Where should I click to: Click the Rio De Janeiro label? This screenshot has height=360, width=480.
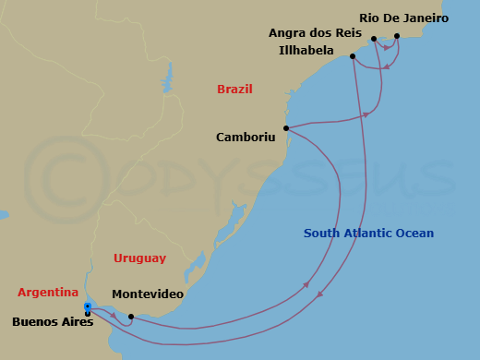tap(403, 18)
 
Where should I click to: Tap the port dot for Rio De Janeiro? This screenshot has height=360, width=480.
tap(397, 37)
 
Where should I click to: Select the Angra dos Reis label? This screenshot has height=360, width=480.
tap(315, 32)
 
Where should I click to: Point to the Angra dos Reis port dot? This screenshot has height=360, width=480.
tap(374, 39)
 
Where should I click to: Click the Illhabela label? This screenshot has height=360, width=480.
tap(306, 50)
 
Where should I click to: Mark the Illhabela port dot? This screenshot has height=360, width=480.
tap(353, 56)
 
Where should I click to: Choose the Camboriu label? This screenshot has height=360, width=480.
tap(246, 137)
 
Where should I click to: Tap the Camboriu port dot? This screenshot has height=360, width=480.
tap(286, 128)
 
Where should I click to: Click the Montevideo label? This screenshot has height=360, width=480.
tap(147, 294)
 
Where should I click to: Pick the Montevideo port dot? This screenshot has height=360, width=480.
tap(131, 317)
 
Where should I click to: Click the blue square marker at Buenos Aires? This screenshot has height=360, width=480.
tap(87, 306)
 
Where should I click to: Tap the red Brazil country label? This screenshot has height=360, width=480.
tap(234, 90)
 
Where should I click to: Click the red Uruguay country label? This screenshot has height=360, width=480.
tap(139, 258)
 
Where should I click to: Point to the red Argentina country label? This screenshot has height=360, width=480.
tap(48, 293)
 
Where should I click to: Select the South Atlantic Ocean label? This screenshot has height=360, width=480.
tap(368, 234)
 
